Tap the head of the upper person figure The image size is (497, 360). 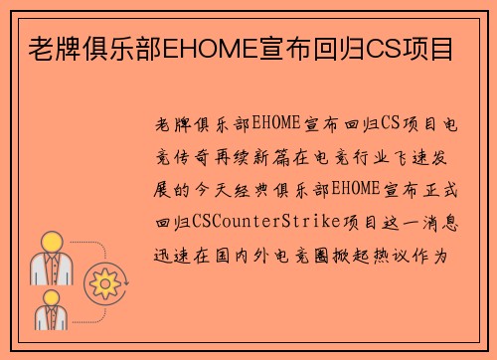tap(52, 241)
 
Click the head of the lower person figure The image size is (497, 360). tap(52, 295)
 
